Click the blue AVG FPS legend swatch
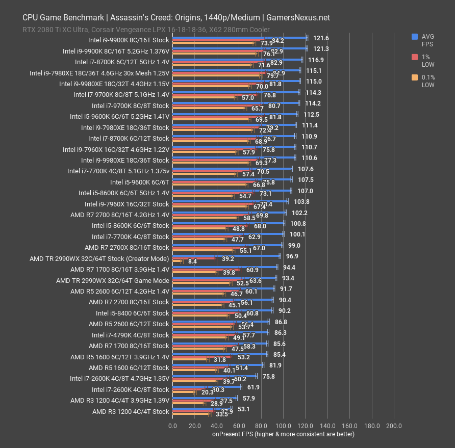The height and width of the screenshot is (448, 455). point(415,36)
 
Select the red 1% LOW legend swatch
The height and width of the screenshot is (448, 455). point(415,57)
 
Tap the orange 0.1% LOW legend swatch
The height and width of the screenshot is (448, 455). point(415,77)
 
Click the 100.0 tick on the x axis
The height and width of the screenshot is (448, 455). point(283,426)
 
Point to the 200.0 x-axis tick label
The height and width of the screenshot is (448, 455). point(394,426)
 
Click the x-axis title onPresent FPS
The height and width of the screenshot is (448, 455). point(283,434)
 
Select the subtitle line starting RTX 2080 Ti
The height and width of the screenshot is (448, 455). point(146,30)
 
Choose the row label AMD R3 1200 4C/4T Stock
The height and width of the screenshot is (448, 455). point(131,411)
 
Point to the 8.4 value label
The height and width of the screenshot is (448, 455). point(192,261)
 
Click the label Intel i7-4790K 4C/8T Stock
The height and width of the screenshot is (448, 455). point(130,335)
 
